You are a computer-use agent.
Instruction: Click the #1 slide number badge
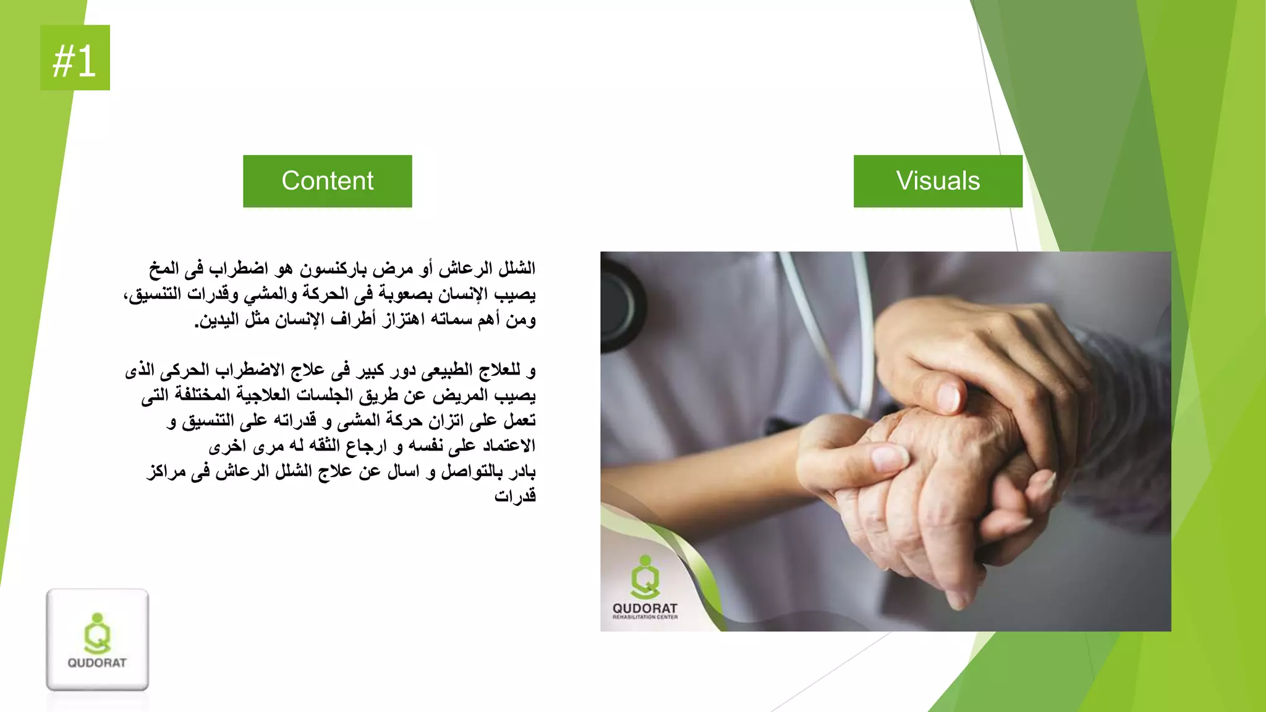tap(75, 58)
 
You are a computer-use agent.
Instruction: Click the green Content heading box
tap(327, 181)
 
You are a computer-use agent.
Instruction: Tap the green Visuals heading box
tap(938, 181)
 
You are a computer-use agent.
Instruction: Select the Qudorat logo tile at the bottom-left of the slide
tap(97, 640)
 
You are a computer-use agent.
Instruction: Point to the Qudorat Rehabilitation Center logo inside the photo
tap(645, 587)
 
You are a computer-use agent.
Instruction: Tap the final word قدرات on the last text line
tap(515, 496)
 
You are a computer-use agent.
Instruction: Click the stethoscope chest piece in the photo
tap(618, 303)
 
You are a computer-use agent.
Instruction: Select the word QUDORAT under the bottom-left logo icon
tap(97, 663)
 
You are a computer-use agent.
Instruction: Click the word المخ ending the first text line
tap(164, 269)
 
